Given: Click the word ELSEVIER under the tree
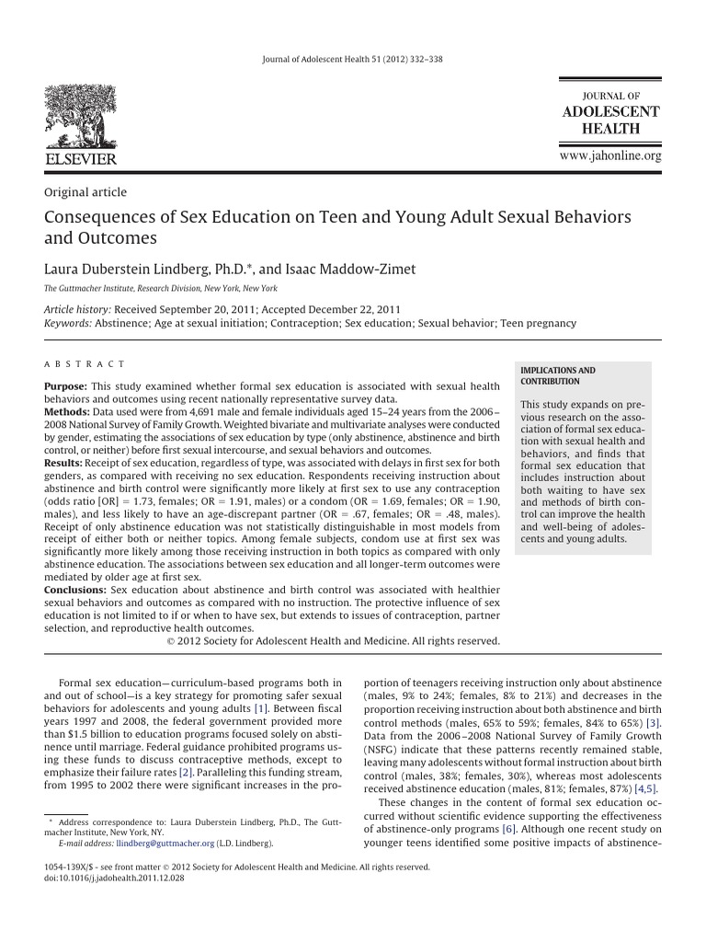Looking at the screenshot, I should (81, 159).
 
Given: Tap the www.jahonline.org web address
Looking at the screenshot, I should (610, 156).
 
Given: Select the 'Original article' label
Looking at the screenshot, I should (85, 192).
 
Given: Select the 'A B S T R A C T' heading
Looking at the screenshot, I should (85, 365).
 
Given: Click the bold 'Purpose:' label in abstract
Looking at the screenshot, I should (65, 385).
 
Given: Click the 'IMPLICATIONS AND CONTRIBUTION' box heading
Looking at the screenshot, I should (558, 375).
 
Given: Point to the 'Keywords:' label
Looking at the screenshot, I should (68, 324).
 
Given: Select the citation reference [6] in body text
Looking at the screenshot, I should (507, 829).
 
